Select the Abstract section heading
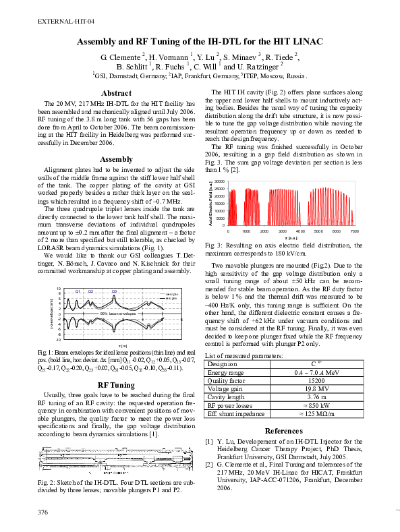tap(115, 93)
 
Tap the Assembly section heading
tap(115, 159)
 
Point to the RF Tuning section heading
tap(115, 385)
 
